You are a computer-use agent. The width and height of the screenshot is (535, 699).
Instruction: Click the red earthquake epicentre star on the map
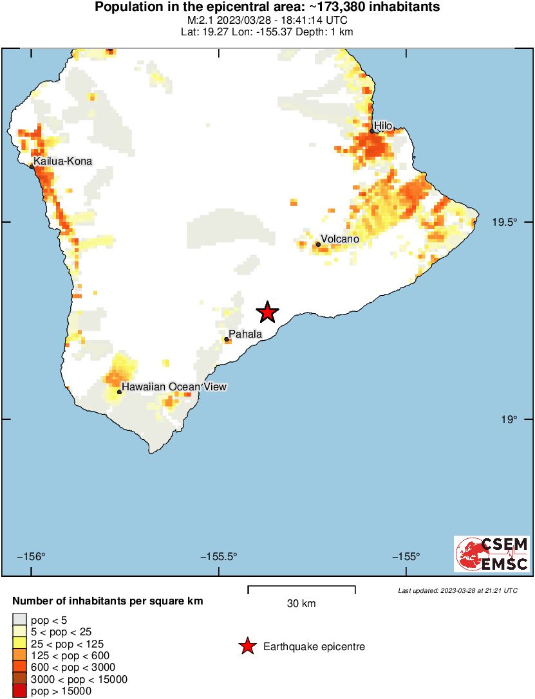(267, 313)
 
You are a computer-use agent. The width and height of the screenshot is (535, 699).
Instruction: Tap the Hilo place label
(383, 126)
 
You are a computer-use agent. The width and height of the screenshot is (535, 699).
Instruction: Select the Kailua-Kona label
(62, 161)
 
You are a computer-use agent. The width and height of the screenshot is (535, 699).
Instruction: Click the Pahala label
(245, 334)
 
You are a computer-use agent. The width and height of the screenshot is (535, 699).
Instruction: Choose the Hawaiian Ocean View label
(174, 386)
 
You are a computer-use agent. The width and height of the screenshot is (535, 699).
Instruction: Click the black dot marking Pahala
(227, 340)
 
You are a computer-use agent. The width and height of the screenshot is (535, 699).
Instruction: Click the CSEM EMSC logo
(492, 554)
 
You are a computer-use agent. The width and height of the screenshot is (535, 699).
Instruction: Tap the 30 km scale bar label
(301, 604)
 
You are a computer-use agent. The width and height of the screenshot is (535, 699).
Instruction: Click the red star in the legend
(247, 647)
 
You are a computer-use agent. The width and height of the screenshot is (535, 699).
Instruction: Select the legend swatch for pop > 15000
(19, 691)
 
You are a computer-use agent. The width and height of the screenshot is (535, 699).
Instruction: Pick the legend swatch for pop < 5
(19, 621)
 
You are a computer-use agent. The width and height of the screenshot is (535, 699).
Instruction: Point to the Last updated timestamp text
(457, 590)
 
